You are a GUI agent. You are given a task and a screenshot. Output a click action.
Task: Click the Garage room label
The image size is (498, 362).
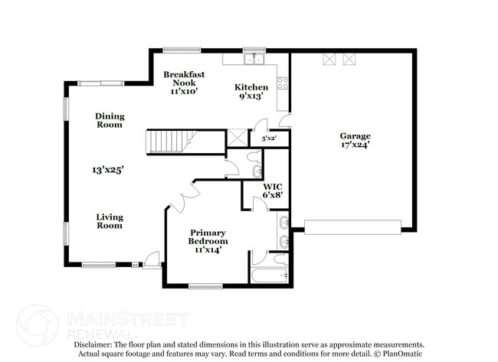[x=355, y=136]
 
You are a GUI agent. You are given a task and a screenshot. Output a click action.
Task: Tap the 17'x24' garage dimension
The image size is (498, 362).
[x=355, y=145]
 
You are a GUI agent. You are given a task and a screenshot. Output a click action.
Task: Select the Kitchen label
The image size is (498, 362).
[x=251, y=87]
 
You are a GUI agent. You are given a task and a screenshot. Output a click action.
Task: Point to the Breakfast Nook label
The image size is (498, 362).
[x=184, y=79]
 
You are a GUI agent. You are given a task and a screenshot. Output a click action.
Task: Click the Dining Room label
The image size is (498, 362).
[x=110, y=120]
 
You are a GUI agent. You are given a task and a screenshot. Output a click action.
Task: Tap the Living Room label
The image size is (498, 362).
[x=110, y=221]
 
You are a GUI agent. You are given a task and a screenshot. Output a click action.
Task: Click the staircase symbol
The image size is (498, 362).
[x=169, y=141]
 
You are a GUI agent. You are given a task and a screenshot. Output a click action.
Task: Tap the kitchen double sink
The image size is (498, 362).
[x=252, y=59]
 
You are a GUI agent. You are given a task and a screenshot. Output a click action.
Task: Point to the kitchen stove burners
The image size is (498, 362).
[x=283, y=83]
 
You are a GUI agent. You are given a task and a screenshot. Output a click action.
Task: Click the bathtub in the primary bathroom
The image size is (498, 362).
[x=268, y=275]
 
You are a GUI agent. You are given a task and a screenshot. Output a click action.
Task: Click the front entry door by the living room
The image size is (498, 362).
[x=152, y=259]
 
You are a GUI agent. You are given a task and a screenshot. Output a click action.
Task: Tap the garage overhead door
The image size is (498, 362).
[x=352, y=227]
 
